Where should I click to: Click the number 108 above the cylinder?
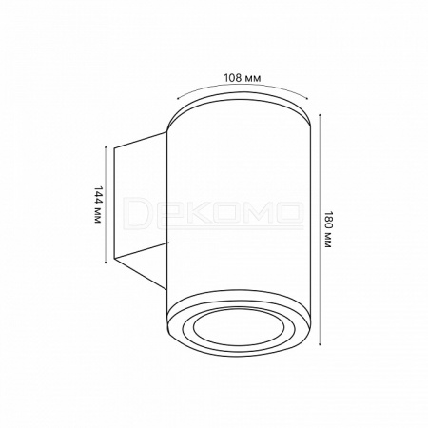pyautogui.click(x=232, y=78)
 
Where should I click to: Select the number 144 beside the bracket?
pyautogui.click(x=98, y=194)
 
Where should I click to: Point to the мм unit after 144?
pyautogui.click(x=98, y=215)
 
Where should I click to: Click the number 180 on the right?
pyautogui.click(x=328, y=219)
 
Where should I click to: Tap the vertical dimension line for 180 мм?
pyautogui.click(x=321, y=229)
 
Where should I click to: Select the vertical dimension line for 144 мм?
pyautogui.click(x=106, y=204)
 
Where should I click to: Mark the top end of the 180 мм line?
pyautogui.click(x=321, y=114)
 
